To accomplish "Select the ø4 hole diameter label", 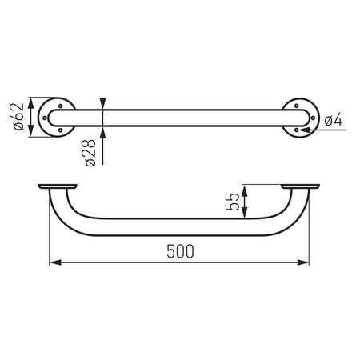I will tap(335, 120).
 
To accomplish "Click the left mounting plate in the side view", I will tap(58, 187).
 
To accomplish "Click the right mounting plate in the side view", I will tap(302, 187).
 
